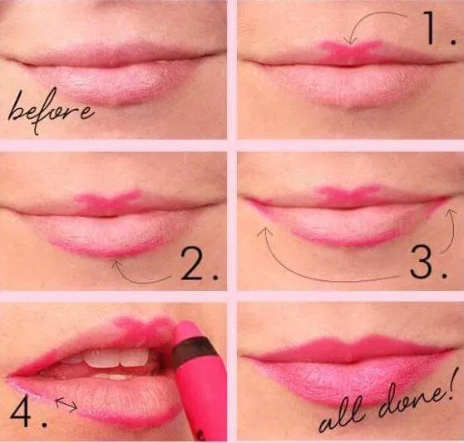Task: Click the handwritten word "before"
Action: click(x=50, y=110)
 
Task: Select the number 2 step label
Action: click(x=199, y=264)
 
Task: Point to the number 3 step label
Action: click(x=428, y=263)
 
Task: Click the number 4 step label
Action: click(x=28, y=411)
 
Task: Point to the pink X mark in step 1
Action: click(x=350, y=51)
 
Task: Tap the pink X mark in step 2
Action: click(x=108, y=202)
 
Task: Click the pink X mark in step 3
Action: click(x=348, y=194)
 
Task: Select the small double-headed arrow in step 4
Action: click(x=67, y=404)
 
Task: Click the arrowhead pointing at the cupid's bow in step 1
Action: click(x=351, y=42)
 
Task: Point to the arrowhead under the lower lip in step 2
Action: click(x=117, y=264)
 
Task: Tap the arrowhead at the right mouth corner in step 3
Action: click(x=451, y=212)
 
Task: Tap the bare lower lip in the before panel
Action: click(x=109, y=84)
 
